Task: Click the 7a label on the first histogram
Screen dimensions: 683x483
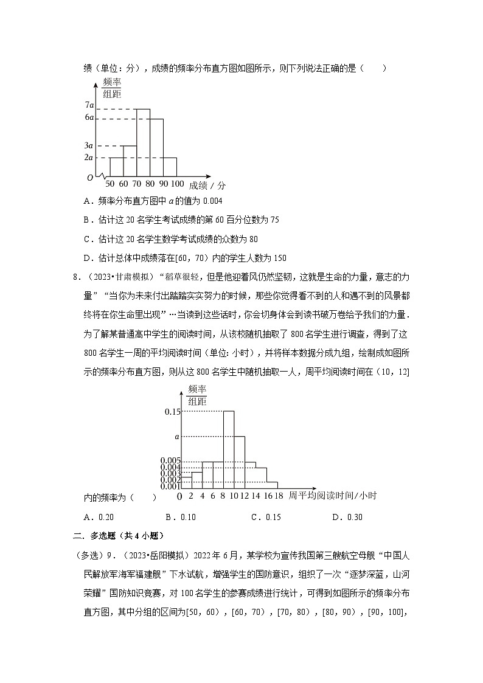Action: (89, 105)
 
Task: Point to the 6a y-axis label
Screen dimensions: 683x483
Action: (89, 117)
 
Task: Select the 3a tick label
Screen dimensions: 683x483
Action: (89, 146)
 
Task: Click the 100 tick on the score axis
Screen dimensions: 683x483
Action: (177, 184)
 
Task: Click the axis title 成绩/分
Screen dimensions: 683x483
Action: (207, 185)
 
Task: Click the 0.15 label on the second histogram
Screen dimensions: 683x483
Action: (172, 412)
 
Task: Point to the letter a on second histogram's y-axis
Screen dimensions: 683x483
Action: (176, 436)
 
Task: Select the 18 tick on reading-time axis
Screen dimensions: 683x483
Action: (279, 496)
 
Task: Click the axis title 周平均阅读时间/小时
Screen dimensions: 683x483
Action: (333, 496)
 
